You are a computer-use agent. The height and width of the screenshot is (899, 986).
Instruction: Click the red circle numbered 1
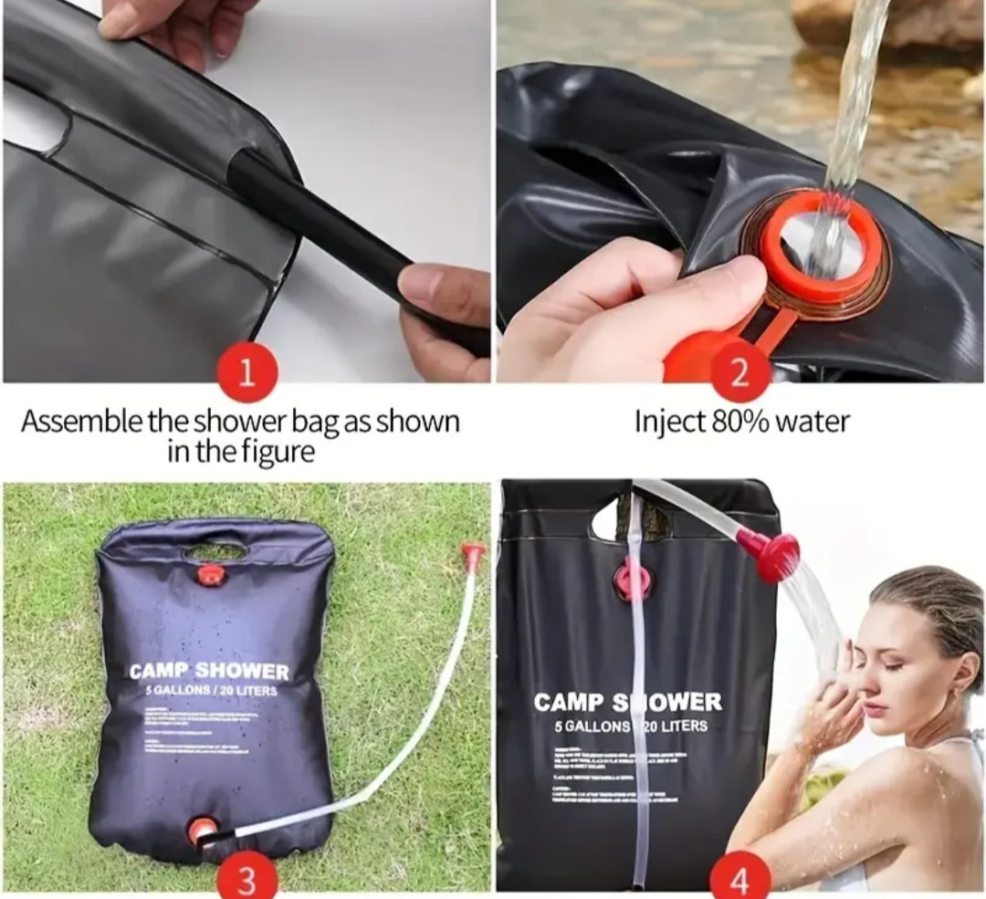click(246, 374)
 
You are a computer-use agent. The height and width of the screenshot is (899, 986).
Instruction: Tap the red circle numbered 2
click(740, 374)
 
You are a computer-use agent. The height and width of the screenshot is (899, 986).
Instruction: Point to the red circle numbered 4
click(740, 882)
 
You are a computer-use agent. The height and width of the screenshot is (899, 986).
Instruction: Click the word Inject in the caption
click(668, 422)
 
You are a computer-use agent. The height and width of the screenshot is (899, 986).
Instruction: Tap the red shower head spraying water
click(769, 553)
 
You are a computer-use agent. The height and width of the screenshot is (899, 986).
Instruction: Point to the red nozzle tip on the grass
click(472, 553)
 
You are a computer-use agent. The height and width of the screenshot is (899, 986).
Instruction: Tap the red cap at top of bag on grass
click(212, 575)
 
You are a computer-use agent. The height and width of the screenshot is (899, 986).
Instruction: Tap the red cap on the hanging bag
click(631, 580)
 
